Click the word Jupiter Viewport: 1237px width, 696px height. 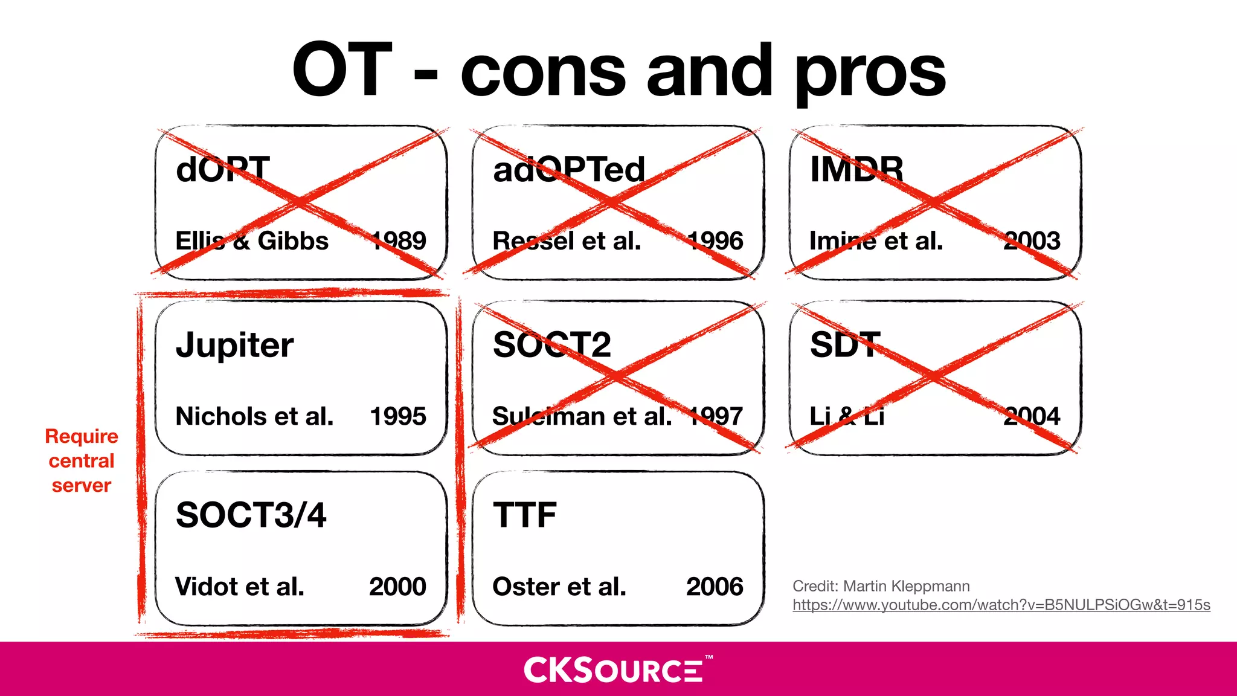pyautogui.click(x=234, y=346)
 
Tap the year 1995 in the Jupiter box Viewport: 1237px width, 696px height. pyautogui.click(x=397, y=416)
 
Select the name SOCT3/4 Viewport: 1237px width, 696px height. pyautogui.click(x=251, y=515)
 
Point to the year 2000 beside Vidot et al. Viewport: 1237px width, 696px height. pyautogui.click(x=397, y=587)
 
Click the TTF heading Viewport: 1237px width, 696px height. pyautogui.click(x=524, y=515)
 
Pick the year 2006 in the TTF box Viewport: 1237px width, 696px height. pyautogui.click(x=715, y=587)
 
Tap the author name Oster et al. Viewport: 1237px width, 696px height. pyautogui.click(x=559, y=587)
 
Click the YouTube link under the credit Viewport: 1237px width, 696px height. pyautogui.click(x=1001, y=605)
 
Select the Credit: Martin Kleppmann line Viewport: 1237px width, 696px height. pyautogui.click(x=881, y=586)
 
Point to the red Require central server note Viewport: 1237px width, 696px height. pyautogui.click(x=82, y=460)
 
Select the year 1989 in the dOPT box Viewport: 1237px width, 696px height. pyautogui.click(x=399, y=240)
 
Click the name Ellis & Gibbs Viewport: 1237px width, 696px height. pyautogui.click(x=252, y=241)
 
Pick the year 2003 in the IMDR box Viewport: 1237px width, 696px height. pyautogui.click(x=1032, y=240)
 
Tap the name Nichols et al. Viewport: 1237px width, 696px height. pyautogui.click(x=254, y=416)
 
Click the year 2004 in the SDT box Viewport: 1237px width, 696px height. pyautogui.click(x=1032, y=416)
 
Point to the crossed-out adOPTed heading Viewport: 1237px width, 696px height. pyautogui.click(x=569, y=170)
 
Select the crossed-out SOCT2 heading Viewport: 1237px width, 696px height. pyautogui.click(x=551, y=345)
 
